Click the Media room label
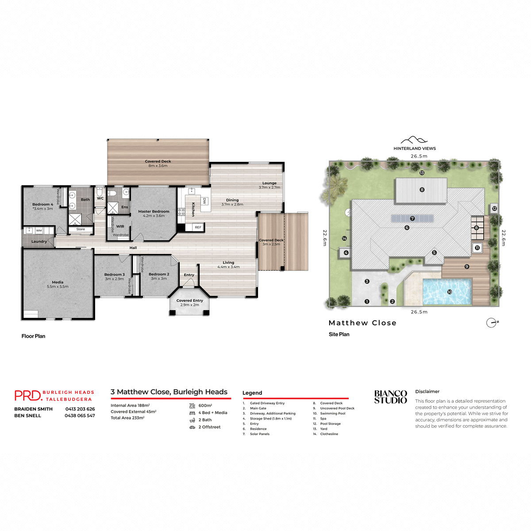[x=58, y=282]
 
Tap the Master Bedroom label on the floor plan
[x=154, y=212]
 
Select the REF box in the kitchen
[x=198, y=227]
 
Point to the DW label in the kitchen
[x=204, y=201]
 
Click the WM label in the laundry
[x=39, y=231]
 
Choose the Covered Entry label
[x=189, y=300]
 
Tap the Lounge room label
[x=269, y=183]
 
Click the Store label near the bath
[x=81, y=229]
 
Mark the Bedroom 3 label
[x=114, y=275]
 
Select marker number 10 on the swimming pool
[x=450, y=292]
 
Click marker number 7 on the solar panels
[x=412, y=219]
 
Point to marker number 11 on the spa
[x=477, y=248]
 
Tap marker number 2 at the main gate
[x=392, y=302]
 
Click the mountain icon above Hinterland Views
[x=414, y=140]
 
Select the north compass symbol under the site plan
[x=492, y=323]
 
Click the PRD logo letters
[x=27, y=395]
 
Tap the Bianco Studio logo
[x=390, y=397]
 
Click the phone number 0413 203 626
[x=80, y=409]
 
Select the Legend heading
[x=252, y=393]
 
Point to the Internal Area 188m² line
[x=130, y=405]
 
